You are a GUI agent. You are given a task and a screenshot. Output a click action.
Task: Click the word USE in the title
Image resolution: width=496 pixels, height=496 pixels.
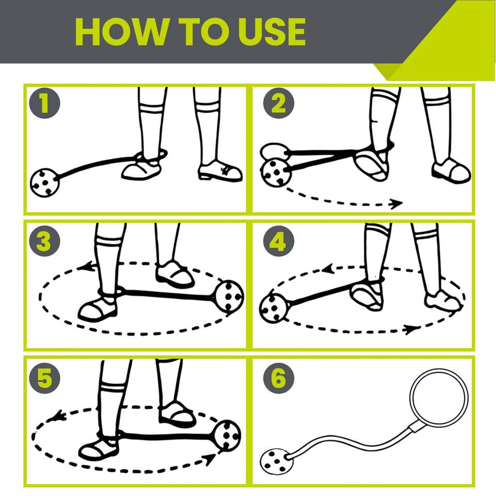[272, 32]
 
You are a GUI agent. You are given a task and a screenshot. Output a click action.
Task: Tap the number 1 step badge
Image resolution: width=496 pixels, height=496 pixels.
[44, 103]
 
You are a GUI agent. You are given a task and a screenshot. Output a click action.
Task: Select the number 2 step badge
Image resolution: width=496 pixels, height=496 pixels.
[278, 103]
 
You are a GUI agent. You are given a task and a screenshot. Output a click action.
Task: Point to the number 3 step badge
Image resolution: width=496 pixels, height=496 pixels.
[44, 241]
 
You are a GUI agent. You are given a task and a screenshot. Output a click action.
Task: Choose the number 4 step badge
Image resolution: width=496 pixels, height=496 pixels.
[278, 241]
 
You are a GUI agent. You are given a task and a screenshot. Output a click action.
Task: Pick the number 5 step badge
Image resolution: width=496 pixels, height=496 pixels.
[44, 378]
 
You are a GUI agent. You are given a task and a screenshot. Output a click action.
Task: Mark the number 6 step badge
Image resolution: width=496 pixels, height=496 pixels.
[278, 378]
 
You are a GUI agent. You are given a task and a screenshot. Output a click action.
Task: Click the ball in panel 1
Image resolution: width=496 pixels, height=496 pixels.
[44, 183]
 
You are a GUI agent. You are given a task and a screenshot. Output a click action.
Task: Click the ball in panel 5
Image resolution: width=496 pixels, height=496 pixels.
[227, 435]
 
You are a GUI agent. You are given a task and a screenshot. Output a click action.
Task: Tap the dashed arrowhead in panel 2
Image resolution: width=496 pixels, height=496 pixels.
[396, 204]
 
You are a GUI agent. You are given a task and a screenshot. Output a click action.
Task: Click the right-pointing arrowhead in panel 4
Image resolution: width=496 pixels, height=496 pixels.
[412, 330]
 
